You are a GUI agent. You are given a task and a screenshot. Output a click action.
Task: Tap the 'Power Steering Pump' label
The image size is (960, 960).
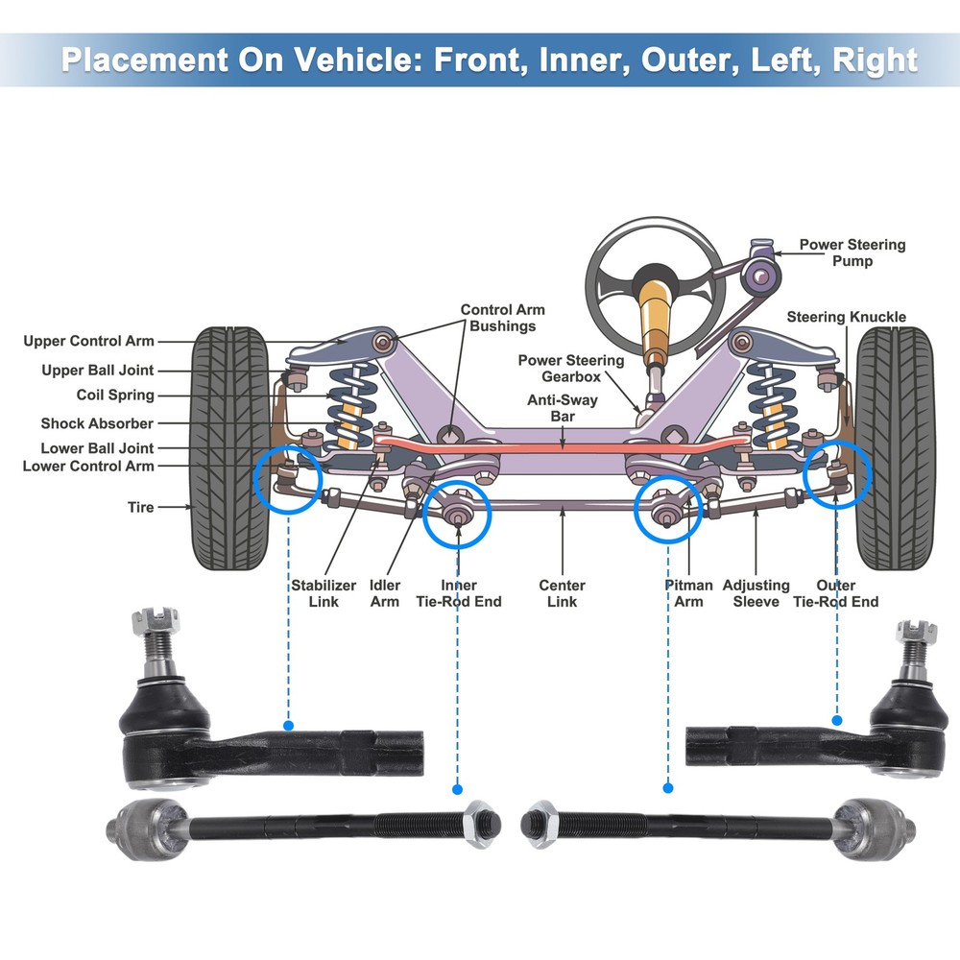[x=852, y=252]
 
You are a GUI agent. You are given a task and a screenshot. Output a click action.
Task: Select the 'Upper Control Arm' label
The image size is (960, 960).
[x=88, y=341]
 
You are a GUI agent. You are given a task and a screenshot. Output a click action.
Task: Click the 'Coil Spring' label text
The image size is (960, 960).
[x=115, y=395]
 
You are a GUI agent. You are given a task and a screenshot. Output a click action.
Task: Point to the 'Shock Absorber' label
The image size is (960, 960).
[x=97, y=423]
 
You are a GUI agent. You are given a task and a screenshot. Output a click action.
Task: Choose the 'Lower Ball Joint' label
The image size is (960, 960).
[x=97, y=448]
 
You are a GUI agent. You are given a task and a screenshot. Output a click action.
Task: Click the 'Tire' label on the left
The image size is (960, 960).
[x=140, y=507]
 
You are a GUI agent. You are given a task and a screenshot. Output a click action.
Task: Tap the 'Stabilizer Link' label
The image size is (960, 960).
[x=324, y=593]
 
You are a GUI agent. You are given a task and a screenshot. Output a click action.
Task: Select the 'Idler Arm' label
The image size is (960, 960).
[x=385, y=593]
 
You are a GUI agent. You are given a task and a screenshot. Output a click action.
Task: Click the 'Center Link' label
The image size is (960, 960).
[x=562, y=593]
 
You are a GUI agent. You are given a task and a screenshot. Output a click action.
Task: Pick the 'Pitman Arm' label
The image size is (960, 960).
[x=688, y=593]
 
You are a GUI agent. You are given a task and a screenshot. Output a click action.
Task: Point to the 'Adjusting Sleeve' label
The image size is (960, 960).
[x=756, y=593]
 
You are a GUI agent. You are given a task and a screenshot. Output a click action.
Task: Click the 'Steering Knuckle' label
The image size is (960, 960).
[x=846, y=317]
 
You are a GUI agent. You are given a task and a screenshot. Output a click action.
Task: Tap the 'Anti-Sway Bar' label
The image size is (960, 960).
[x=562, y=409]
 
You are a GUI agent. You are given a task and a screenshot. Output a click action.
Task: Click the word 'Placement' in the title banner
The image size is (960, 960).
[x=138, y=60]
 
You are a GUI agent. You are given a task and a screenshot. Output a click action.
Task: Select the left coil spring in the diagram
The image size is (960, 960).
[x=348, y=403]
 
